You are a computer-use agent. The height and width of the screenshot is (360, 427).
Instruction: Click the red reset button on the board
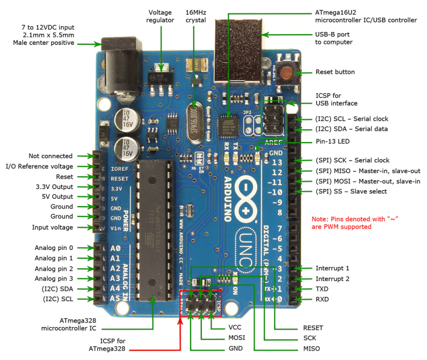click(x=289, y=72)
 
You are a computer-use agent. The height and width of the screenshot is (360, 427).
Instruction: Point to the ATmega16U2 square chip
click(x=229, y=126)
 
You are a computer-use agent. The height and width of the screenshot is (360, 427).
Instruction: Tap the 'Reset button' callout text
click(x=335, y=72)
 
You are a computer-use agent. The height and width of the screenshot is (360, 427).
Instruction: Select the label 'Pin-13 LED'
click(x=334, y=143)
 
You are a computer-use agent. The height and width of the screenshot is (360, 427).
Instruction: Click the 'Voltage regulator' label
click(x=161, y=17)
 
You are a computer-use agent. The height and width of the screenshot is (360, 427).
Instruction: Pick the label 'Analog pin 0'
click(x=54, y=248)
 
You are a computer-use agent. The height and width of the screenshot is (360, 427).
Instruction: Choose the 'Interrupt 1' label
click(x=332, y=268)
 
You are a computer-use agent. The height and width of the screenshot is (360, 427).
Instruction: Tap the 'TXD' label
click(x=322, y=288)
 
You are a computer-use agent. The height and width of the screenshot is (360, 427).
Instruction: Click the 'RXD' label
click(x=322, y=299)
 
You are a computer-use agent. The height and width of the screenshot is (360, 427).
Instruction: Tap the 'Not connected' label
click(x=51, y=156)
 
